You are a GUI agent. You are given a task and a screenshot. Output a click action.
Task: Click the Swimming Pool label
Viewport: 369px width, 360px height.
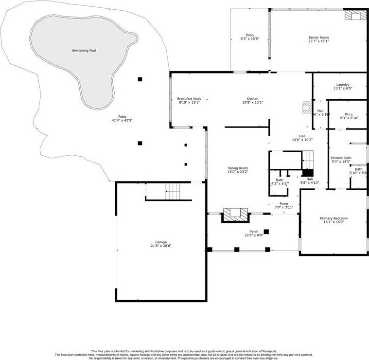click(x=84, y=51)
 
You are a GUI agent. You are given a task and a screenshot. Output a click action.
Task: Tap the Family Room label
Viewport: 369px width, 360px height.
click(x=318, y=37)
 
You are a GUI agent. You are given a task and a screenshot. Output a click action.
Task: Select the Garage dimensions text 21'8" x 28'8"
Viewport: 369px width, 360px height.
click(x=161, y=246)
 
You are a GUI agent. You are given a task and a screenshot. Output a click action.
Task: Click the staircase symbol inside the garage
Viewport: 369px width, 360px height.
click(x=173, y=191)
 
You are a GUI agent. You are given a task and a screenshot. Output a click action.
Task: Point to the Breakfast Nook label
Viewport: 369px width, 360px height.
click(x=189, y=99)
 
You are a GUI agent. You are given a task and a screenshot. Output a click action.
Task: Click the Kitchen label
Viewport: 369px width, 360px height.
click(x=252, y=99)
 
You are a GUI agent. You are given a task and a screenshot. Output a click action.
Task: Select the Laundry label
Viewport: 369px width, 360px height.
click(x=329, y=85)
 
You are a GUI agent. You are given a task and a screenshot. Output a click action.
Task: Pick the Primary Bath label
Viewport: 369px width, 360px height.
click(x=341, y=158)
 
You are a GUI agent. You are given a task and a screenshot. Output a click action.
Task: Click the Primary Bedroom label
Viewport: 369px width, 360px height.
click(x=334, y=218)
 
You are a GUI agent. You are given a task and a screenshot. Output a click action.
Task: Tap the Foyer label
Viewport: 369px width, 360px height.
click(x=284, y=203)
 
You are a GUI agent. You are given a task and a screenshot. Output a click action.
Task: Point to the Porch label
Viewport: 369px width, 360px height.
click(x=254, y=231)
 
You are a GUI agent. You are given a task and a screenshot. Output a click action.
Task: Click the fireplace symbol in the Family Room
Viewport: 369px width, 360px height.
click(x=354, y=16)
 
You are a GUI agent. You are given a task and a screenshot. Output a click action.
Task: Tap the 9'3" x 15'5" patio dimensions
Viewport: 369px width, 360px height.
click(x=249, y=39)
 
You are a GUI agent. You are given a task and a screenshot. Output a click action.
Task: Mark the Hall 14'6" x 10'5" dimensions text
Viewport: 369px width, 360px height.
click(x=302, y=140)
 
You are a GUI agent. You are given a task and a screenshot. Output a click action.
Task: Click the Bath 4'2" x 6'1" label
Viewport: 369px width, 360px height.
click(x=280, y=180)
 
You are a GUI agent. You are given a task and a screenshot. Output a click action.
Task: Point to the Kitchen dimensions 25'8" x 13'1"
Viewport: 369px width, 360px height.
click(x=252, y=103)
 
